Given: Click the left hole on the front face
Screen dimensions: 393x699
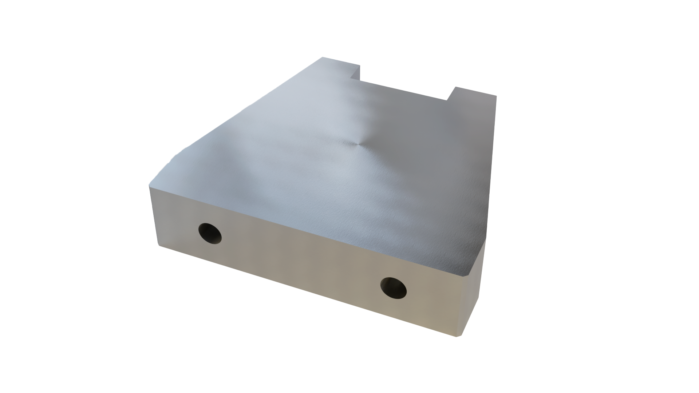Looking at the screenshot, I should pyautogui.click(x=210, y=233).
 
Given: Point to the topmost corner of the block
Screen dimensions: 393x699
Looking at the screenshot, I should pyautogui.click(x=323, y=57).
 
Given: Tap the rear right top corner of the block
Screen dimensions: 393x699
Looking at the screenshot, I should pyautogui.click(x=496, y=95).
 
